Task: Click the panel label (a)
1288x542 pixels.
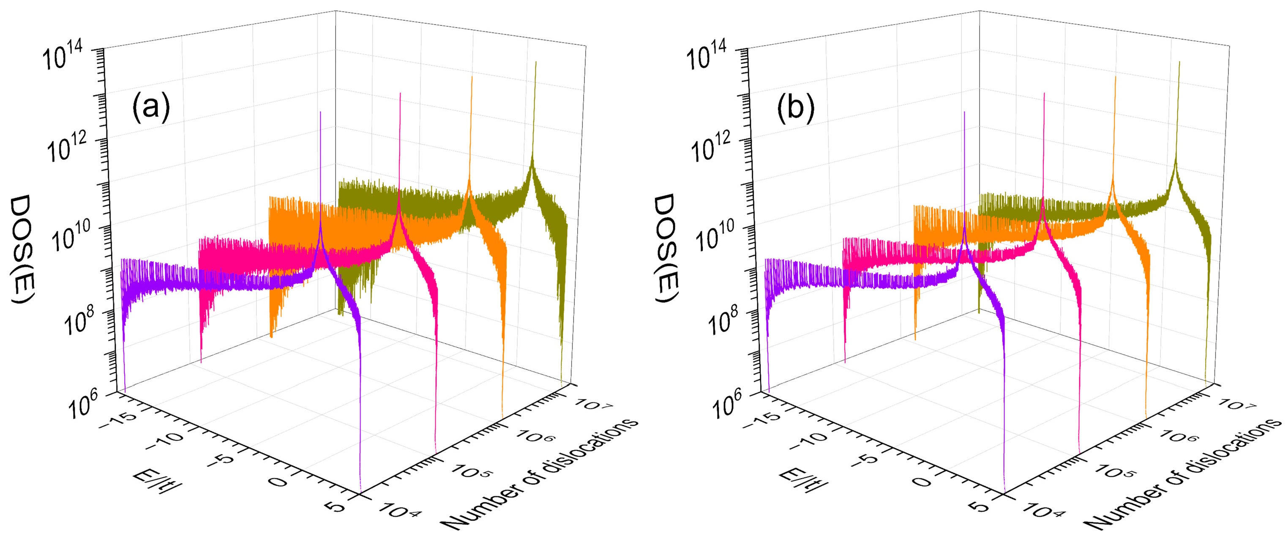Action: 151,109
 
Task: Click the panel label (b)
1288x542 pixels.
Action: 796,109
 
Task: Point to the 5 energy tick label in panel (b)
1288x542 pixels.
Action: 981,506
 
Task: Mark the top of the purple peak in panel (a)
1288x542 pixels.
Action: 320,112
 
